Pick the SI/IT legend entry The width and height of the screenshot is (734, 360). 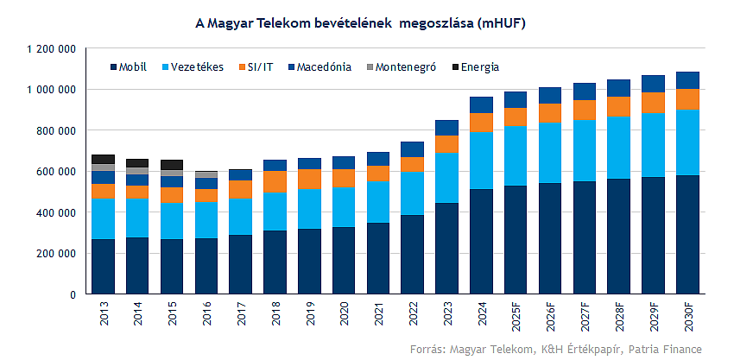(258, 66)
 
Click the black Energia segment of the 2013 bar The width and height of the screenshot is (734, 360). (103, 159)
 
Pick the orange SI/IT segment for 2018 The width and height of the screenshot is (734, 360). (275, 181)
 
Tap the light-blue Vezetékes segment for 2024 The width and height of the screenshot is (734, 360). (481, 161)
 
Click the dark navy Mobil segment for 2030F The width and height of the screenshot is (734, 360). (687, 234)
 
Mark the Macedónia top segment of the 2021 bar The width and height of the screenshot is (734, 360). (378, 159)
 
